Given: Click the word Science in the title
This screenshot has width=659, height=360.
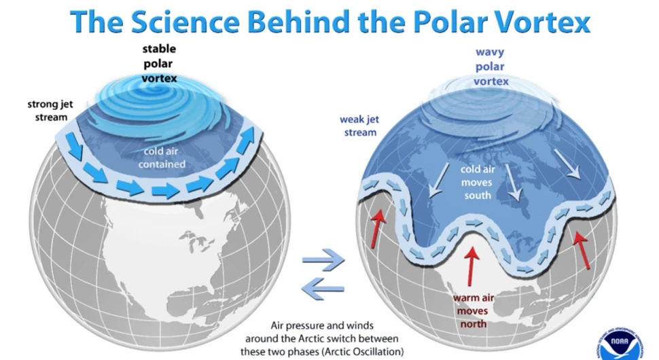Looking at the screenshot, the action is tap(185, 22).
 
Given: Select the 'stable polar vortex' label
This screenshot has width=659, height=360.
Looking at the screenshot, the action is tap(159, 63).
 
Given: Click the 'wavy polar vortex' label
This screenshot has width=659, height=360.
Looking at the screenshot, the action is tap(491, 67).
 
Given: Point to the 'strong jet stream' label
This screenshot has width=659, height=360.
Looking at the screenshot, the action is tap(50, 111).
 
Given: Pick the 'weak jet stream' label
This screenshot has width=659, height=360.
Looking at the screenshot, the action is tap(359, 126).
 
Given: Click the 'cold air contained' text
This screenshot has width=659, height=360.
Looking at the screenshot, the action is tap(162, 158).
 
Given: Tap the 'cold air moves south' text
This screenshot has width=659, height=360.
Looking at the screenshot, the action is tap(478, 182).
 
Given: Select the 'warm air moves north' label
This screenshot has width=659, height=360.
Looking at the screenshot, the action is tap(474, 311).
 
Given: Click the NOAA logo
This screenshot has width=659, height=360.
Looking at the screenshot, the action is tap(620, 342).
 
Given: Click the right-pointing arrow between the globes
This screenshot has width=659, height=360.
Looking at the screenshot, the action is tap(323, 259).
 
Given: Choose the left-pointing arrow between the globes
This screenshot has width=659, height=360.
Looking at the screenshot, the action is tap(323, 289).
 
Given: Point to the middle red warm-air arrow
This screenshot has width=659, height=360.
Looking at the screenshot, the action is tap(471, 266).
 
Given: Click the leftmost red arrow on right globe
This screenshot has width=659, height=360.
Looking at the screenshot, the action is tap(378, 228).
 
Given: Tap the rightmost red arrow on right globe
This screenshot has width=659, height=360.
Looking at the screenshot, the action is tap(582, 249).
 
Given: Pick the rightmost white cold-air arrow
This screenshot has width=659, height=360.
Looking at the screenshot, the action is tap(567, 164).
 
